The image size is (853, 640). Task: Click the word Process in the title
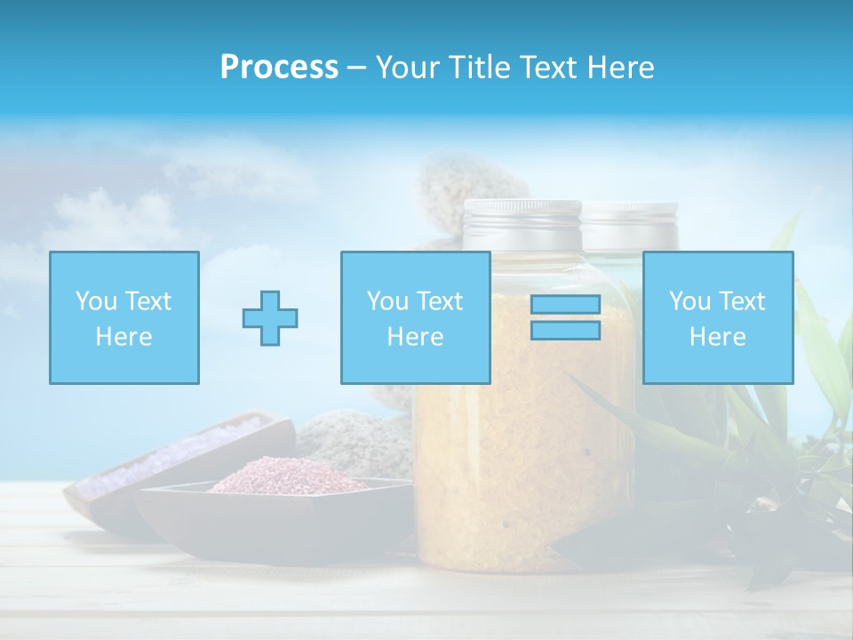point(279,68)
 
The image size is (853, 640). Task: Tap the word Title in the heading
point(480,68)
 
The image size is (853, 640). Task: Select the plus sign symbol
point(270,317)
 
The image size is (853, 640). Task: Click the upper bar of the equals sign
point(565,304)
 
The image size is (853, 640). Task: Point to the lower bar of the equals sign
point(565,330)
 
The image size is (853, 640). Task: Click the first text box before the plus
point(124,317)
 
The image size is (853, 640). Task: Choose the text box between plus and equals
point(415,317)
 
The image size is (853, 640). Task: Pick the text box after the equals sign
point(717,317)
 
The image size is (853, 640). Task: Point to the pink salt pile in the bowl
point(284,476)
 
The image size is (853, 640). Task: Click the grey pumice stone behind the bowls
point(355,440)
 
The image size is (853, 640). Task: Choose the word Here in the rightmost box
point(717,336)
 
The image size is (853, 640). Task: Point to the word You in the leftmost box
point(95,300)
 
